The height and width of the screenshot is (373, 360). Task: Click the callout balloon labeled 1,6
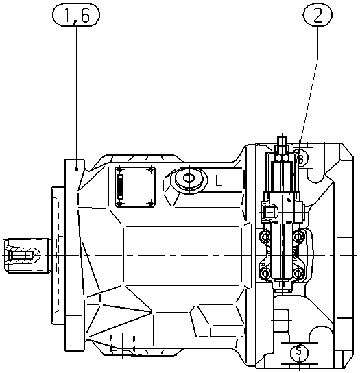point(76,15)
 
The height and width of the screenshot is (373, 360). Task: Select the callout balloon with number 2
point(317,15)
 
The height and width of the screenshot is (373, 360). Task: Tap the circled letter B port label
point(301,158)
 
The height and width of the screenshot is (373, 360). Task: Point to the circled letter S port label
point(299,352)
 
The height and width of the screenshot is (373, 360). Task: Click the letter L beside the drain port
point(219,181)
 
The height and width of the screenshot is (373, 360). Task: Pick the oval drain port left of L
point(189,178)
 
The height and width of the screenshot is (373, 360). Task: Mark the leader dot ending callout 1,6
point(76,169)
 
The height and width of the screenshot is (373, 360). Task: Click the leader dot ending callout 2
point(289,200)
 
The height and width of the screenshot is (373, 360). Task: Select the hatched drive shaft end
point(23,255)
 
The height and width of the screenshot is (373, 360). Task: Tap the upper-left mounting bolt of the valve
point(265,237)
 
